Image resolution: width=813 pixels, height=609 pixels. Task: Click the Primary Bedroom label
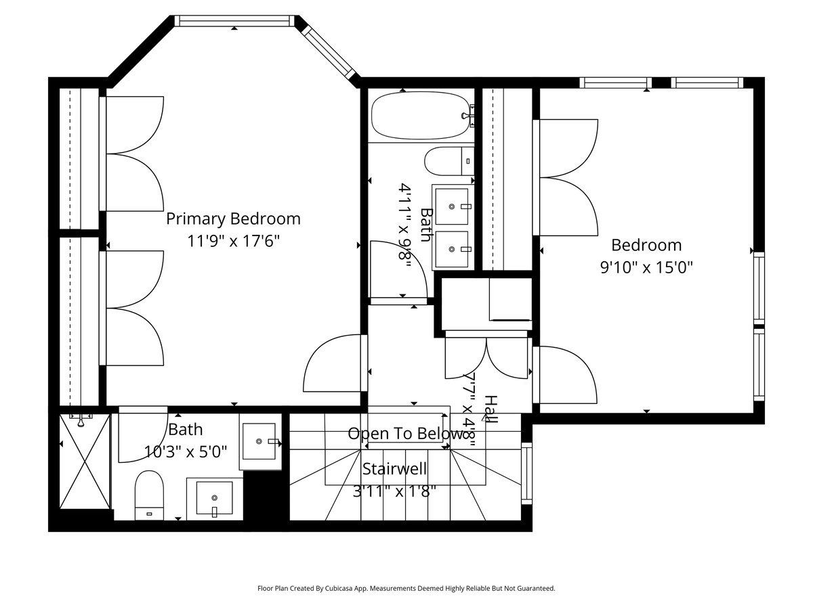pyautogui.click(x=233, y=219)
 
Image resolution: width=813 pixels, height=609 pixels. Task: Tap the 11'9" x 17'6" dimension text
pyautogui.click(x=233, y=242)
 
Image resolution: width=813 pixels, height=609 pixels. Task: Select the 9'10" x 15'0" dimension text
pyautogui.click(x=646, y=267)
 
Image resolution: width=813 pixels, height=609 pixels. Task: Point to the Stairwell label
pyautogui.click(x=394, y=469)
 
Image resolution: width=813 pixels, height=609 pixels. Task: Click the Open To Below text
pyautogui.click(x=406, y=433)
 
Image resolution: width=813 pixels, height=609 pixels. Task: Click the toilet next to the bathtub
pyautogui.click(x=449, y=161)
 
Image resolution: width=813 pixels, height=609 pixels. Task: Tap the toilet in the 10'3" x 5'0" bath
pyautogui.click(x=149, y=495)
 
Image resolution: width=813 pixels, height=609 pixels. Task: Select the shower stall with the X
pyautogui.click(x=85, y=461)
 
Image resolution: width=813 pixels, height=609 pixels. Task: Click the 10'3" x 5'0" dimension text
pyautogui.click(x=185, y=452)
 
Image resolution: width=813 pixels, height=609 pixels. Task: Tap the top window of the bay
pyautogui.click(x=234, y=21)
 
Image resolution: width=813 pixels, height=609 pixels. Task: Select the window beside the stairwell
pyautogui.click(x=526, y=473)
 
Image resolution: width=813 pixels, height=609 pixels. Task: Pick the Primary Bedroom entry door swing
pyautogui.click(x=332, y=363)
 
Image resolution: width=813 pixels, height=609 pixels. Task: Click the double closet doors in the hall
pyautogui.click(x=486, y=358)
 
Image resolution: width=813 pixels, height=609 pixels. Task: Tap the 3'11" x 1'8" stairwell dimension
pyautogui.click(x=394, y=492)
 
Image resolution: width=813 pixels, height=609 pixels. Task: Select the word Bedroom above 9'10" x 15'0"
pyautogui.click(x=646, y=245)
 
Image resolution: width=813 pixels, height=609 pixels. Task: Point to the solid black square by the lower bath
pyautogui.click(x=266, y=495)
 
